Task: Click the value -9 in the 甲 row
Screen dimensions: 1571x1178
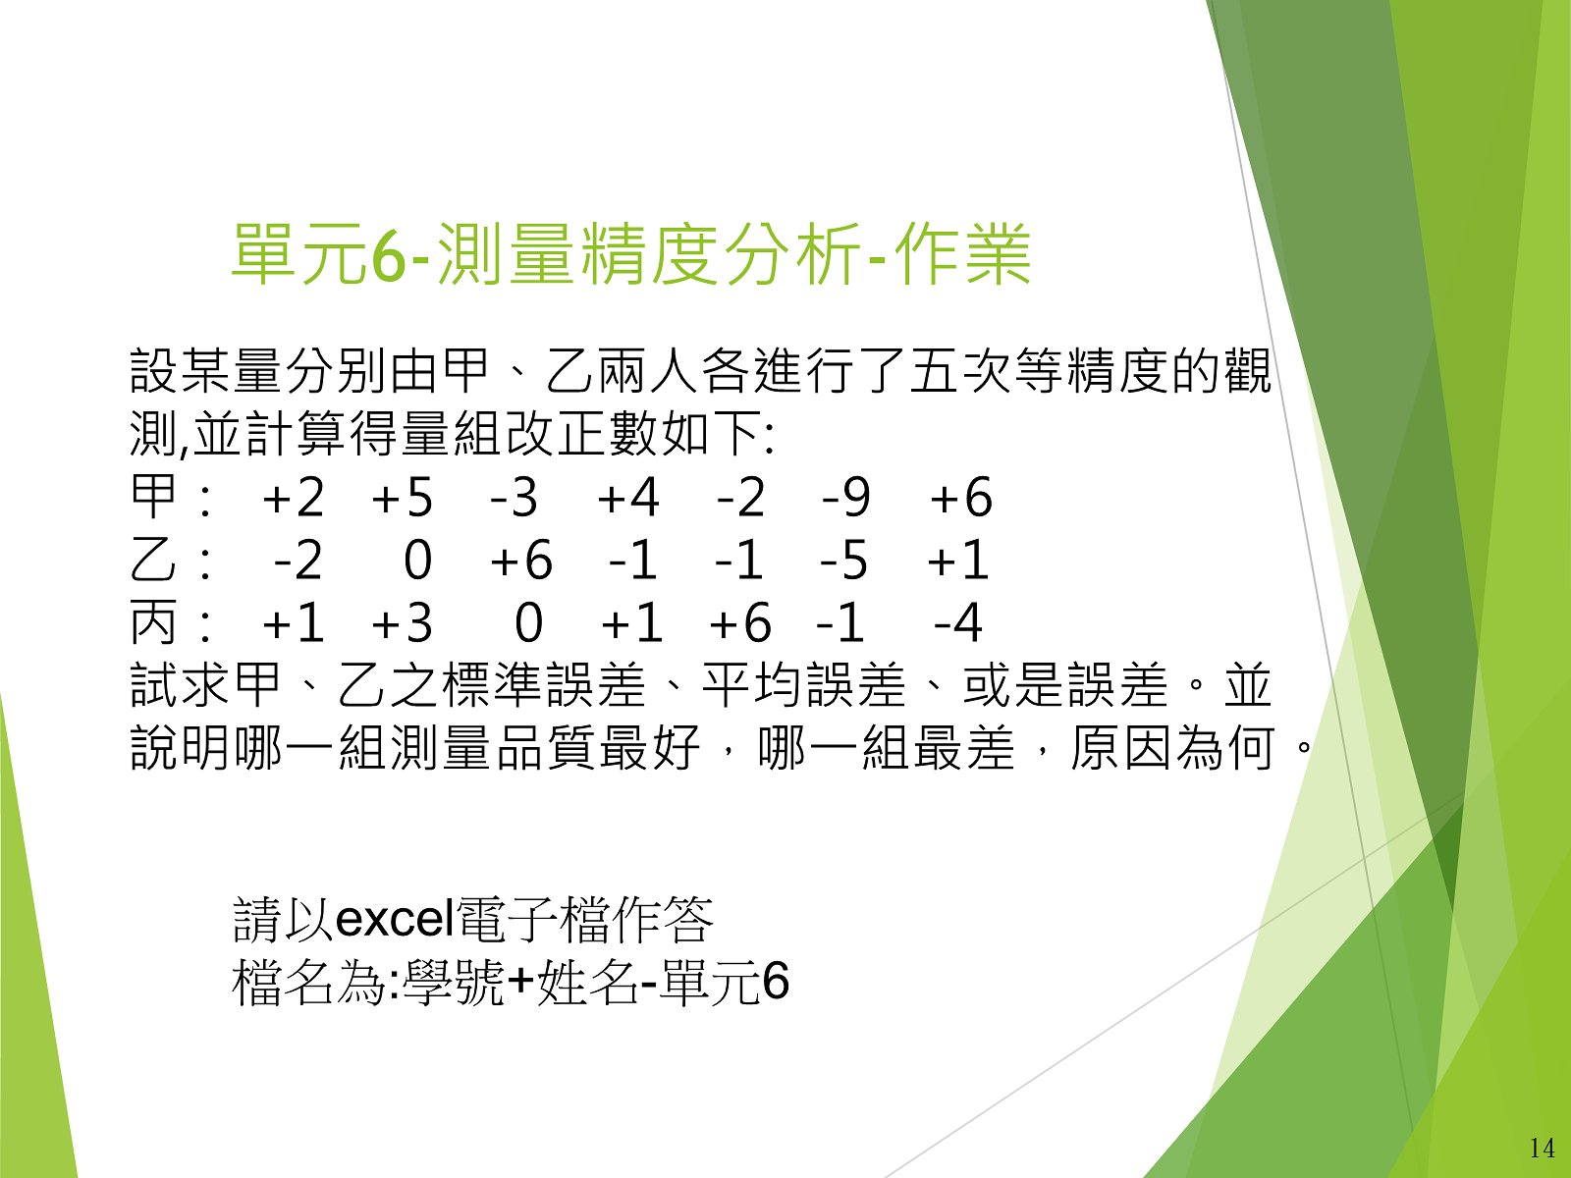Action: click(846, 497)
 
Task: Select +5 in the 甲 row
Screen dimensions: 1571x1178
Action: click(403, 497)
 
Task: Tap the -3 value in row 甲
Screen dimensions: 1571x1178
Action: click(514, 497)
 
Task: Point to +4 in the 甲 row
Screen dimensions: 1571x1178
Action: click(628, 497)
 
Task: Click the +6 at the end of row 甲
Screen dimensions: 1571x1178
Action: click(961, 497)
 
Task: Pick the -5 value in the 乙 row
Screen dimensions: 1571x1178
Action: click(843, 560)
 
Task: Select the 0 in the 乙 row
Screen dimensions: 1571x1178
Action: click(418, 560)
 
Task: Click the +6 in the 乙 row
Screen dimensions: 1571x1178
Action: click(521, 560)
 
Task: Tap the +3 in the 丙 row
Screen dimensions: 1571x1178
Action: click(403, 622)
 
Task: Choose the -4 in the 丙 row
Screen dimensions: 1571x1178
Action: click(958, 622)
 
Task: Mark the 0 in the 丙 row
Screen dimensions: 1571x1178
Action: click(529, 622)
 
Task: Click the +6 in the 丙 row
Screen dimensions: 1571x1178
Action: click(740, 622)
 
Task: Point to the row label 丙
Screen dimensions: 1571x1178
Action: click(153, 622)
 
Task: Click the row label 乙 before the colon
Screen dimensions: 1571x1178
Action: click(153, 560)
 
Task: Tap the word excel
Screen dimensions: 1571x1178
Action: click(395, 919)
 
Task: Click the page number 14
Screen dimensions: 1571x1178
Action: click(1542, 1148)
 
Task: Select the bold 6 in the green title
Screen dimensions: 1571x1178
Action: click(389, 254)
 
